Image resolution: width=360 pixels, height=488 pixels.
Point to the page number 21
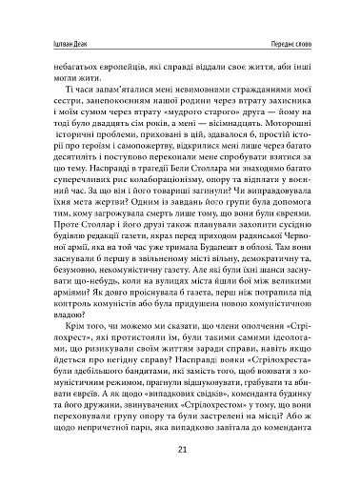(x=180, y=453)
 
